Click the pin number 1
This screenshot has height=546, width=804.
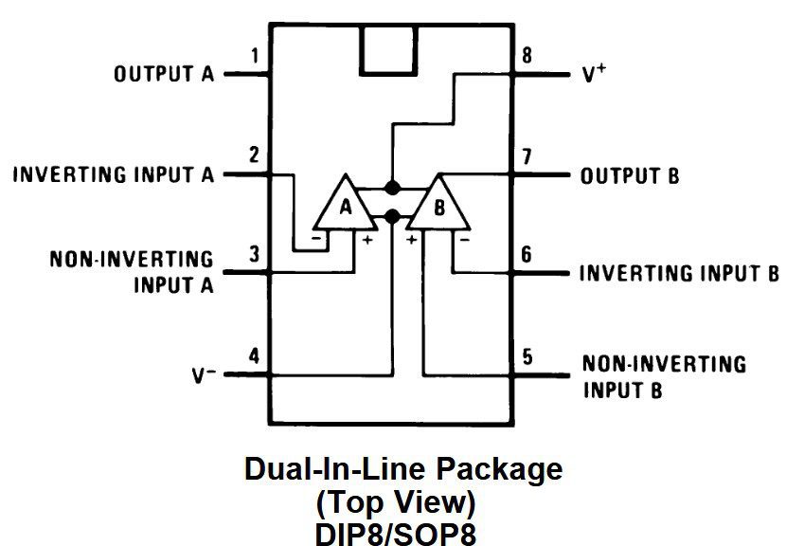(254, 57)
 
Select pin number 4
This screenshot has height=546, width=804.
(254, 356)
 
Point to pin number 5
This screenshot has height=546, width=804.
(527, 356)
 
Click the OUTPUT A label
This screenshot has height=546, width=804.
(164, 74)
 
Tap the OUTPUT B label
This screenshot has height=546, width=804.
(630, 176)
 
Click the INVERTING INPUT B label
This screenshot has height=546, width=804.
(679, 274)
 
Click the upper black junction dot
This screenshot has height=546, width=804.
(392, 187)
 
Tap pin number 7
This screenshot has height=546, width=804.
(527, 156)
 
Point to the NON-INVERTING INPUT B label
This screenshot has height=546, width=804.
(664, 376)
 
